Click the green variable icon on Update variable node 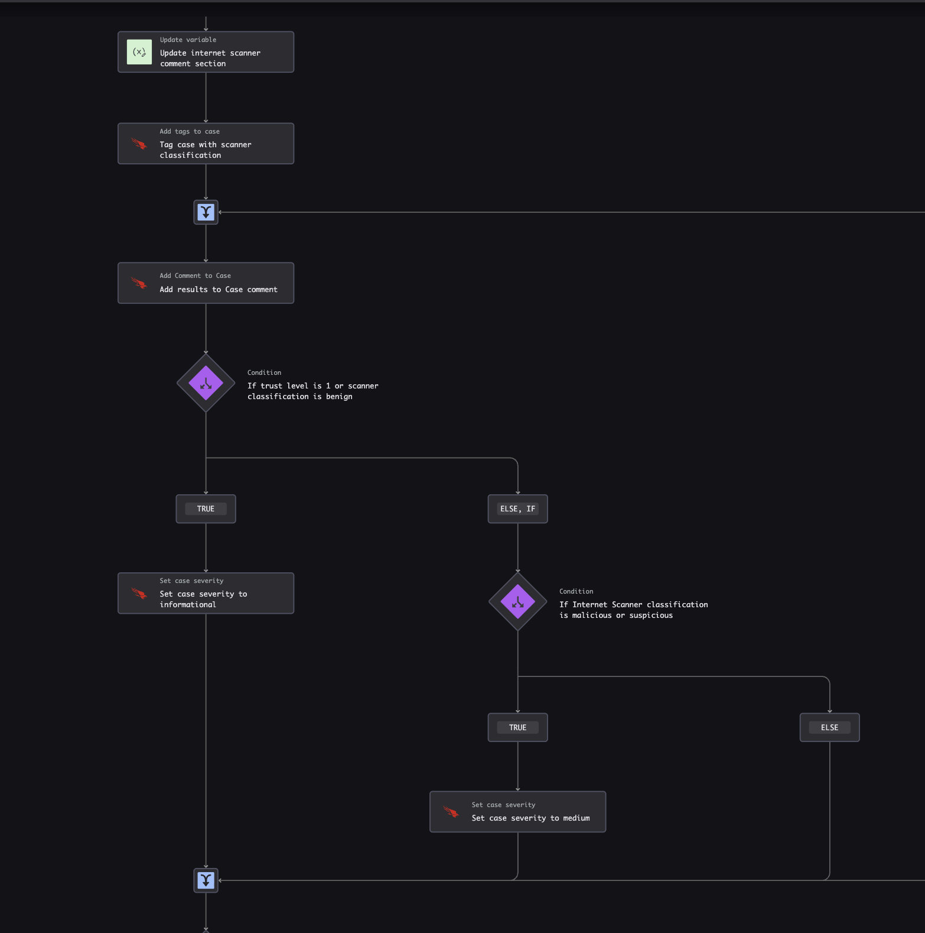click(x=139, y=52)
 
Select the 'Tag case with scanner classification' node click(x=206, y=144)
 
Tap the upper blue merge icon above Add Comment click(x=206, y=212)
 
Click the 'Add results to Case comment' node click(x=206, y=283)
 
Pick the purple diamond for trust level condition click(x=206, y=383)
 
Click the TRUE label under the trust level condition click(x=206, y=509)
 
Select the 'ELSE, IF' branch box click(x=518, y=509)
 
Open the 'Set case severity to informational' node click(x=206, y=593)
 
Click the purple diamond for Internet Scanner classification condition click(x=518, y=602)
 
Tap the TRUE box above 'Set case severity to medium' click(x=518, y=728)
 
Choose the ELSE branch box click(x=830, y=728)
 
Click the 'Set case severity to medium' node click(x=518, y=812)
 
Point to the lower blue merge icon click(x=206, y=880)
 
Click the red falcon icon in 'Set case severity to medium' click(x=451, y=812)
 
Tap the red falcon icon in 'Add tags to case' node click(x=139, y=144)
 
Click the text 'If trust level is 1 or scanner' click(x=313, y=386)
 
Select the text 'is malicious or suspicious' click(x=616, y=615)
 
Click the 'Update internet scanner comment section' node click(x=206, y=52)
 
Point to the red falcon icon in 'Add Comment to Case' click(x=139, y=283)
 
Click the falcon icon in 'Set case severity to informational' click(x=139, y=593)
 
